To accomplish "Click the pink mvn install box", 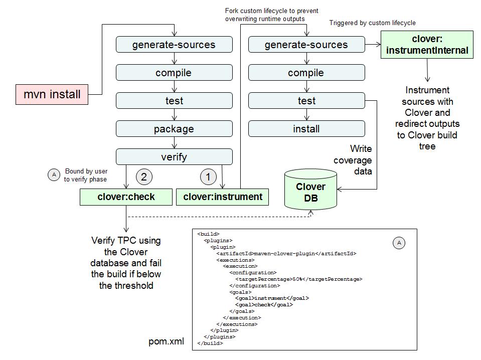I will click(x=52, y=94).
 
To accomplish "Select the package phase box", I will click(x=174, y=129).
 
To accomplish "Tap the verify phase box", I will click(x=174, y=157).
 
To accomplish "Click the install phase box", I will click(x=306, y=129).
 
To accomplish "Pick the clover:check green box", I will click(x=126, y=197).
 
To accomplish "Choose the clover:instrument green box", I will click(x=222, y=197).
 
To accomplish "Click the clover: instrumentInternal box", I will click(x=426, y=45).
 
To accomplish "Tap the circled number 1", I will click(x=208, y=176).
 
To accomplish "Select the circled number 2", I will click(x=144, y=176).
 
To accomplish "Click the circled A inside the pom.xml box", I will click(x=399, y=243).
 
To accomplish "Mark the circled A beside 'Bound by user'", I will click(x=53, y=175).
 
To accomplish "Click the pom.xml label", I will click(x=166, y=342).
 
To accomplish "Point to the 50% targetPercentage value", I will click(x=296, y=279).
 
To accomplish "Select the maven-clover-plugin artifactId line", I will click(x=286, y=254).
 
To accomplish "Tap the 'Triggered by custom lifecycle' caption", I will click(x=372, y=23).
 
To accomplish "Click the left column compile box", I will click(x=174, y=73).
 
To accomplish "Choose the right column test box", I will click(x=306, y=101).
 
